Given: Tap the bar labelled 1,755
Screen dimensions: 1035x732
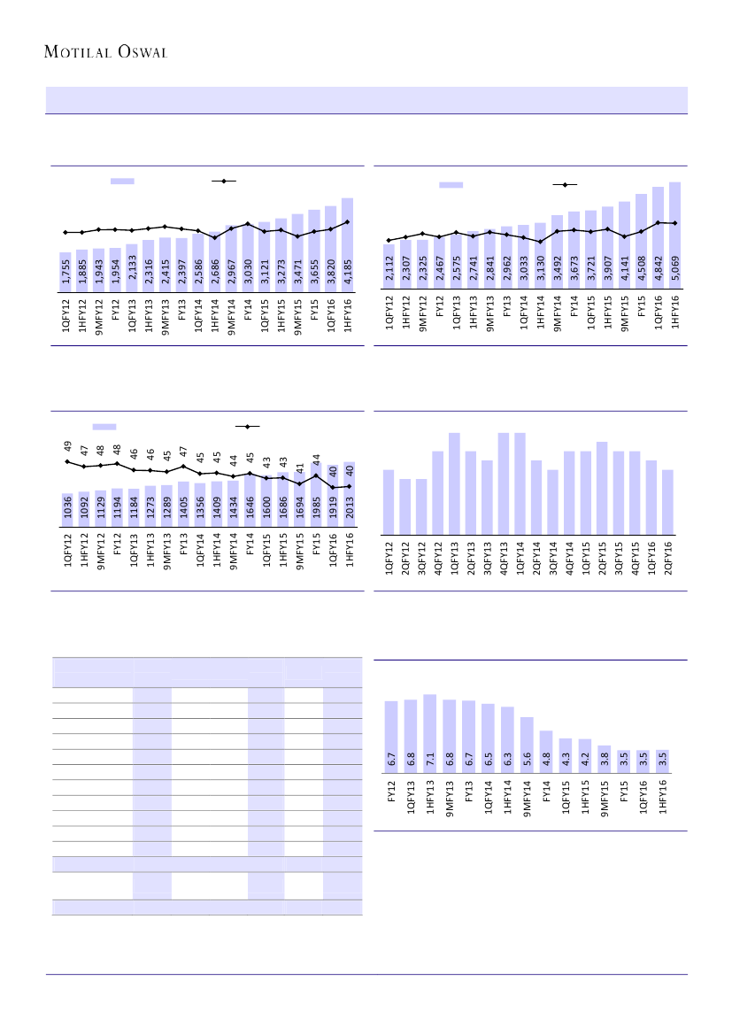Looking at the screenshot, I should [65, 269].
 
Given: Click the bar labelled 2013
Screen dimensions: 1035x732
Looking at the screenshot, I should [348, 498].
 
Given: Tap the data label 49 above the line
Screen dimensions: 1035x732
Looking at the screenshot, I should [66, 446].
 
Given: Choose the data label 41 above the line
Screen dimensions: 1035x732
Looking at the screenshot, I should [298, 467].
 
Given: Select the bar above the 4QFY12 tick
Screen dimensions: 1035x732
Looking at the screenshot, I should [438, 492].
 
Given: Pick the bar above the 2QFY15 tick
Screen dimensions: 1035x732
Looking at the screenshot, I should [602, 487].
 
